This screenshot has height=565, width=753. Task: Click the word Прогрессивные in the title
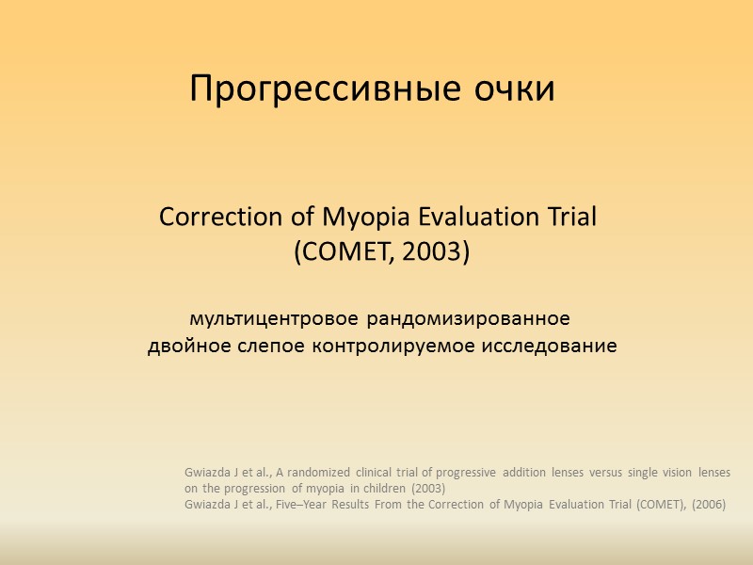coord(311,90)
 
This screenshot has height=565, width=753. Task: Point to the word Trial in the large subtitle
coord(568,218)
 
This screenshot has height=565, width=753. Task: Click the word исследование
coord(550,347)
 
